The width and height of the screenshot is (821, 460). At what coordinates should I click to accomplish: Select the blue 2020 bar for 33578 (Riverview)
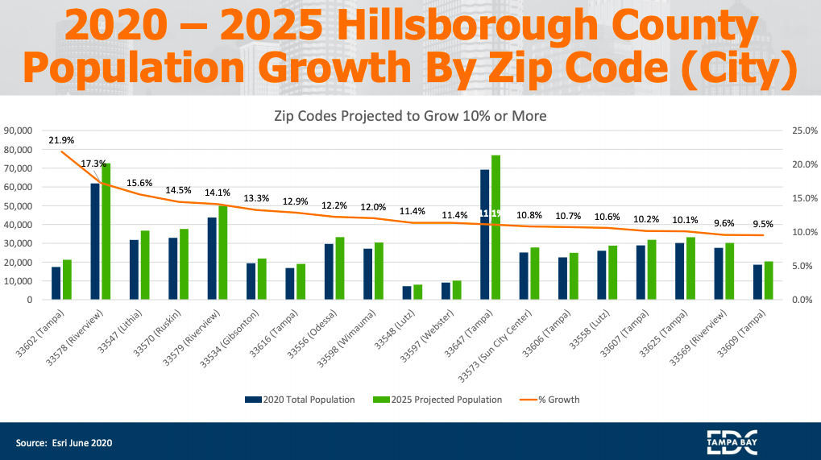coord(95,242)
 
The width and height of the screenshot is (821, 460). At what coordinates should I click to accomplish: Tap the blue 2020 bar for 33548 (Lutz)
coord(407,292)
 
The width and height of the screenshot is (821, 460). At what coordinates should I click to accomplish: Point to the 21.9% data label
coord(61,140)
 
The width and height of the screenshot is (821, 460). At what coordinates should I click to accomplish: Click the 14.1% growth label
coord(218,193)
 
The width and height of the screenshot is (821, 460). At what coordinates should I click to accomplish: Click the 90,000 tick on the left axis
coord(17,131)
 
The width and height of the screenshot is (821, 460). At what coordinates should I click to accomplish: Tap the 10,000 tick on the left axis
coord(17,281)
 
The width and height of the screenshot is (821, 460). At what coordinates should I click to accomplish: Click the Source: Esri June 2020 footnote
coord(64,442)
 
